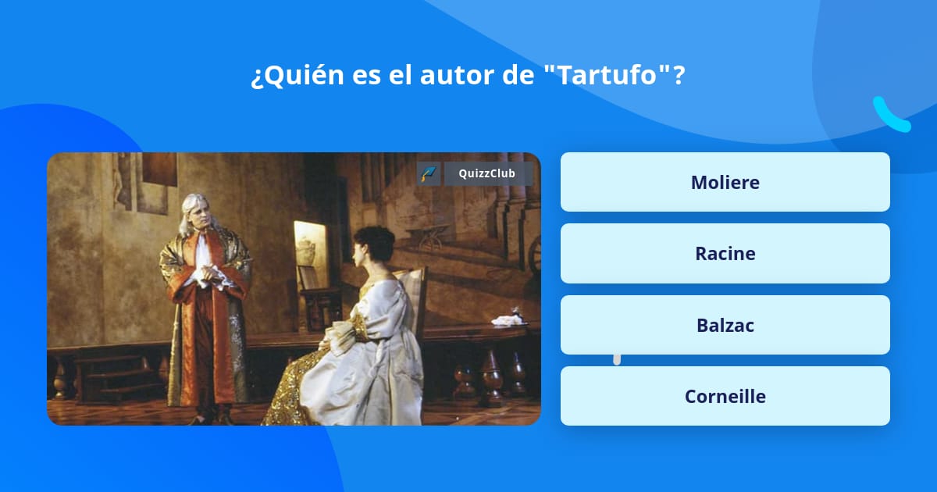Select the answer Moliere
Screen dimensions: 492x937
(725, 182)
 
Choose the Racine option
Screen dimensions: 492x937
(725, 254)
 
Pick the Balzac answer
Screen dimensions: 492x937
(725, 325)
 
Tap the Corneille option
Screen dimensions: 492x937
(725, 396)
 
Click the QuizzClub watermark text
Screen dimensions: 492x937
(488, 173)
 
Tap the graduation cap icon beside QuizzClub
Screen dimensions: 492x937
(429, 173)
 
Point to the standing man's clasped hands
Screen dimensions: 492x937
(208, 274)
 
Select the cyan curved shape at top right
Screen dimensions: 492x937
(891, 115)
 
